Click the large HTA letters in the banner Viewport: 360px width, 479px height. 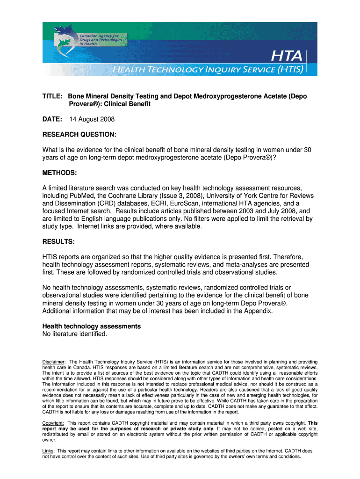point(286,57)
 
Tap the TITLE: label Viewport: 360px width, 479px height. point(53,96)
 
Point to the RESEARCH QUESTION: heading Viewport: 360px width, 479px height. point(79,135)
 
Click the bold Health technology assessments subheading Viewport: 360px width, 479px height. point(92,326)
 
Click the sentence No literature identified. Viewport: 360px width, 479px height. point(75,334)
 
